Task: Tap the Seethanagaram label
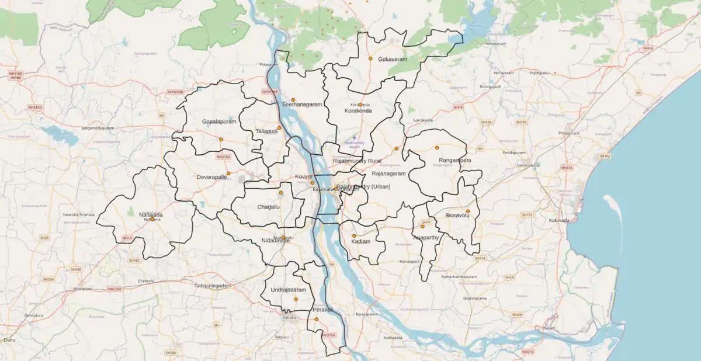click(x=301, y=105)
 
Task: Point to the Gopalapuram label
click(x=219, y=122)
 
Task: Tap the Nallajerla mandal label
click(x=151, y=214)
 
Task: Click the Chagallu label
click(x=269, y=207)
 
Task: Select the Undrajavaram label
click(x=288, y=290)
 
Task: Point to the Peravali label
click(x=322, y=309)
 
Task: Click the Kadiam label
click(x=361, y=241)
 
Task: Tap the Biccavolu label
click(x=457, y=216)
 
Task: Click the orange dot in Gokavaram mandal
click(x=370, y=58)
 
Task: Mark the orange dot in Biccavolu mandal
click(x=468, y=211)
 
